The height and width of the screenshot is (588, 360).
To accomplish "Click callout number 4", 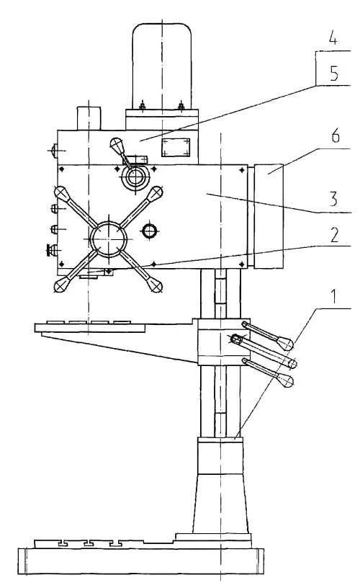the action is point(333,39).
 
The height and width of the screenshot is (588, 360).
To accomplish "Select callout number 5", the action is point(334,73).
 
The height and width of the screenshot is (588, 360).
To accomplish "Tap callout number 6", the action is point(336,135).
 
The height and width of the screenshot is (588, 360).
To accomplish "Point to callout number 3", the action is point(333,198).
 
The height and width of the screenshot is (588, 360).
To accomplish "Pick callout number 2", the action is point(334,235).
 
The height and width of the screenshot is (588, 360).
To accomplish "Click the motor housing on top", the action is point(162,66).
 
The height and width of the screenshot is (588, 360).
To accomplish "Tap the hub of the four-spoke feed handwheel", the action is point(108,239).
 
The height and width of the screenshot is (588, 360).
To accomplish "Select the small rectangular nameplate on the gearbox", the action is point(176,148).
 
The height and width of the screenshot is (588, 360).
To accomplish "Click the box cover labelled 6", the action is point(269,216).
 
